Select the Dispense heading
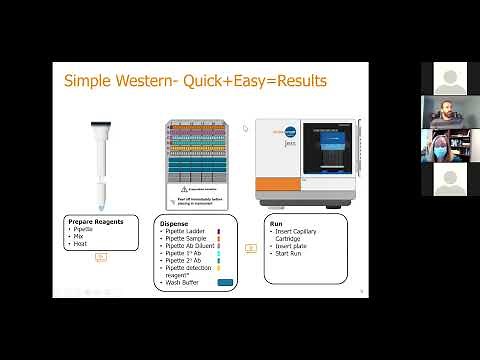coord(175,224)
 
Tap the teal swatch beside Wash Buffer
coord(226,282)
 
